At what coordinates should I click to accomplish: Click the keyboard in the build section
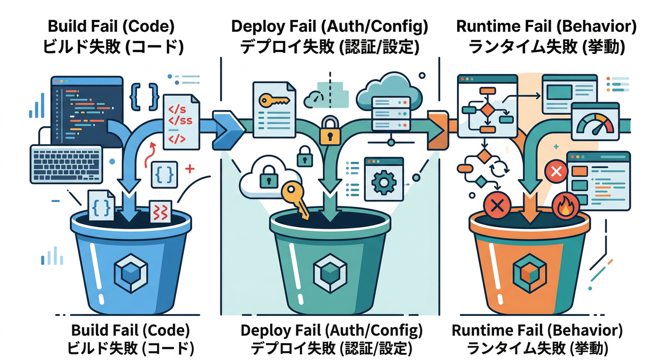(66, 164)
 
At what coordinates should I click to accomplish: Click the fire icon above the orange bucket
(565, 207)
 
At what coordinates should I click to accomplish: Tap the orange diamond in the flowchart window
(487, 110)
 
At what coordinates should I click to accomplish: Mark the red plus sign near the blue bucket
(190, 169)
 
